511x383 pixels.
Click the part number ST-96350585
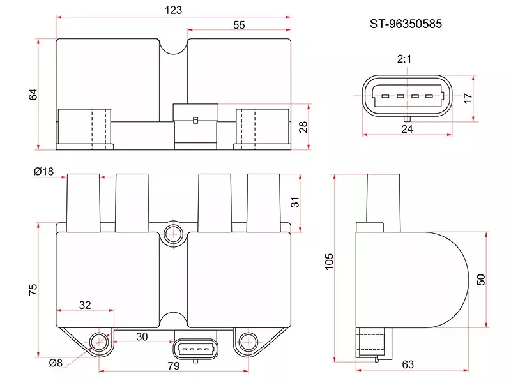406,24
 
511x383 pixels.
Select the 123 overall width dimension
173,10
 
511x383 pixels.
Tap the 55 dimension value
239,25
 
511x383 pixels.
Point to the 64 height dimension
34,94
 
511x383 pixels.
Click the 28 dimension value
304,127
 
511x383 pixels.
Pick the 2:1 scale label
404,59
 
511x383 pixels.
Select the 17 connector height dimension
468,98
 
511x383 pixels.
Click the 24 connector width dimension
407,129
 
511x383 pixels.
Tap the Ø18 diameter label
43,172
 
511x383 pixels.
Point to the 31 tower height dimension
294,202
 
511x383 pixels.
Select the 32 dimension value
85,305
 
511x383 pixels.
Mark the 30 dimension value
141,336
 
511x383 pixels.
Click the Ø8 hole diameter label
56,363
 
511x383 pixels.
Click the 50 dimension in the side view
481,279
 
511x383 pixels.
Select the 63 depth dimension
409,364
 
